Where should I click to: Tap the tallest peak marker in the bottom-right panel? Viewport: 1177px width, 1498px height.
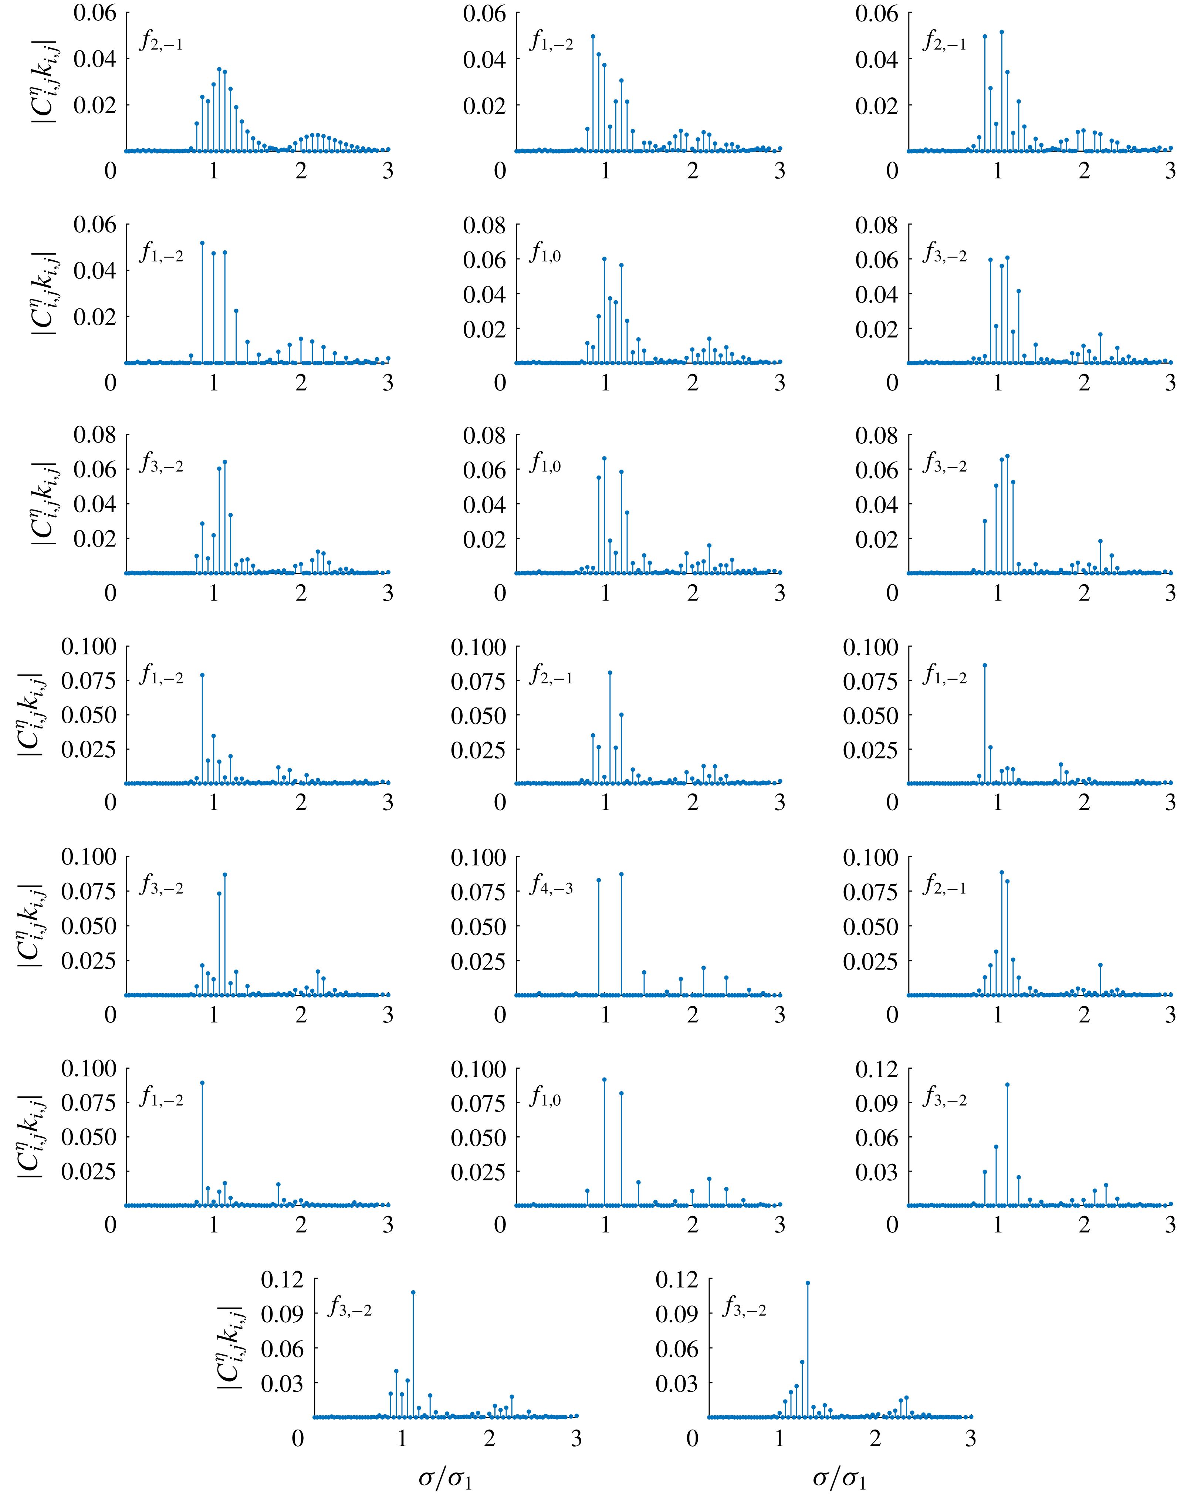(808, 1283)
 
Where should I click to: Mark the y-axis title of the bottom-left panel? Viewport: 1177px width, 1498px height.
(230, 1347)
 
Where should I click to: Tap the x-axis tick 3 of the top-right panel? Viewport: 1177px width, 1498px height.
(1170, 170)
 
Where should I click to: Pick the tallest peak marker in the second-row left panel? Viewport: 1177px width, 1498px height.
(202, 243)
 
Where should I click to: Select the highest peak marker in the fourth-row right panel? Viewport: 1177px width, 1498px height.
(985, 665)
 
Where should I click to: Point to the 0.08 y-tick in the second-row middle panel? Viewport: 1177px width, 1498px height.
(484, 225)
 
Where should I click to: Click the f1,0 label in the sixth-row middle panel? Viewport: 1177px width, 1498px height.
(545, 1097)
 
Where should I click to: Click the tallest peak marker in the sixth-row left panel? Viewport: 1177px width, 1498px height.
(202, 1082)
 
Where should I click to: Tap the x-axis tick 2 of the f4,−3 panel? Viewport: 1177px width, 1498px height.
(693, 1014)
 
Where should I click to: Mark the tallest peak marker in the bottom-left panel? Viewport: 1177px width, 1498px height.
(413, 1293)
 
